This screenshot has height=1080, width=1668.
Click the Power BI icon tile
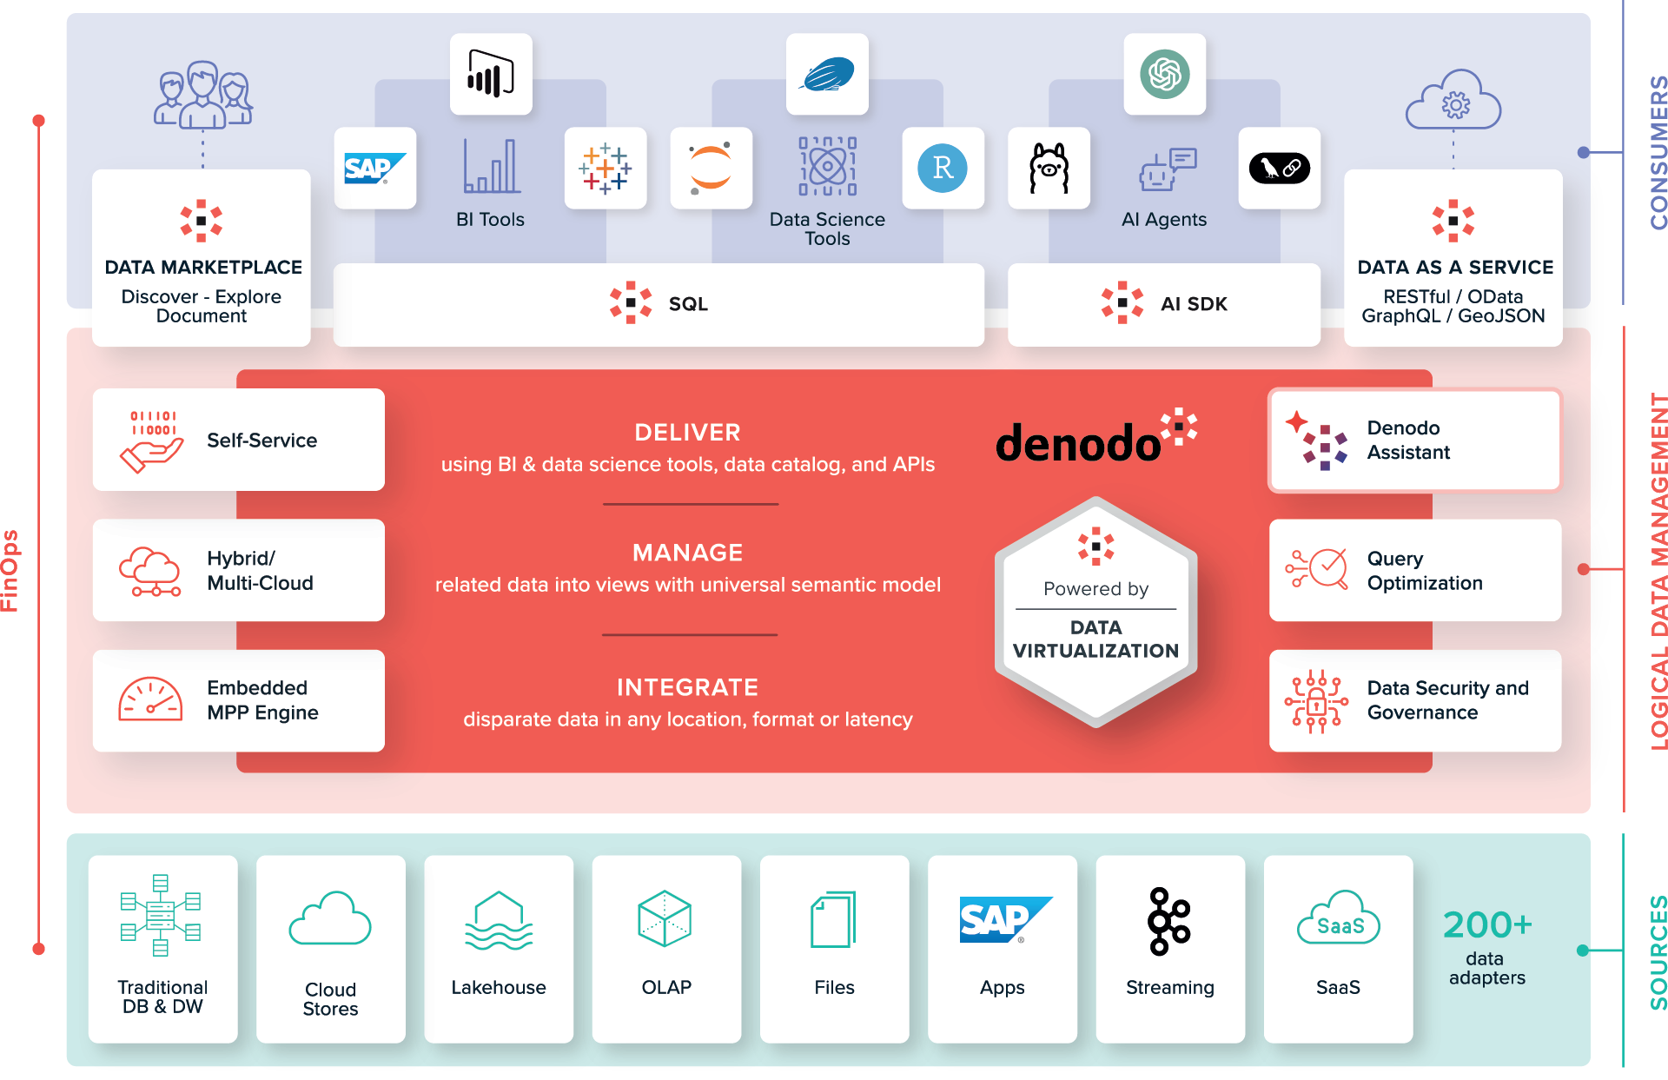pyautogui.click(x=491, y=74)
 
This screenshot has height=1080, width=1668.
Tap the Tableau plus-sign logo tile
pyautogui.click(x=606, y=168)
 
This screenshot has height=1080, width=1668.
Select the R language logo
pyautogui.click(x=943, y=168)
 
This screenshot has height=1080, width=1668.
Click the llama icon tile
pyautogui.click(x=1049, y=168)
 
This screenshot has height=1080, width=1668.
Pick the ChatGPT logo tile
pyautogui.click(x=1164, y=74)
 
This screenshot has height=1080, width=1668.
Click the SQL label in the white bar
pyautogui.click(x=687, y=304)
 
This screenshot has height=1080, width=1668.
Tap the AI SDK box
pyautogui.click(x=1164, y=304)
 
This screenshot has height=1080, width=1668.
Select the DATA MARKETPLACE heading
pyautogui.click(x=203, y=268)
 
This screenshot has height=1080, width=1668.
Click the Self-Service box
pyautogui.click(x=238, y=440)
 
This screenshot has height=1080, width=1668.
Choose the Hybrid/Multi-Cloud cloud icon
pyautogui.click(x=150, y=571)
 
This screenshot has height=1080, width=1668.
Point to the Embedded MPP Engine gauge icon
pyautogui.click(x=150, y=700)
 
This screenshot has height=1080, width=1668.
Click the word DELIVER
pyautogui.click(x=687, y=433)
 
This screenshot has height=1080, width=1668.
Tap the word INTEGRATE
pyautogui.click(x=687, y=687)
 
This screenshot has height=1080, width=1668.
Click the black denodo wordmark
pyautogui.click(x=1077, y=443)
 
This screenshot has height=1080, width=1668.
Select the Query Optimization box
pyautogui.click(x=1414, y=570)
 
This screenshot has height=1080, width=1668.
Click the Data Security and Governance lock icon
pyautogui.click(x=1316, y=700)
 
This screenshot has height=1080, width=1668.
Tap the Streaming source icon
pyautogui.click(x=1169, y=921)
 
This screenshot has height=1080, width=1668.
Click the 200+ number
pyautogui.click(x=1486, y=925)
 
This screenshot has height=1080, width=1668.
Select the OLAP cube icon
pyautogui.click(x=665, y=918)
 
